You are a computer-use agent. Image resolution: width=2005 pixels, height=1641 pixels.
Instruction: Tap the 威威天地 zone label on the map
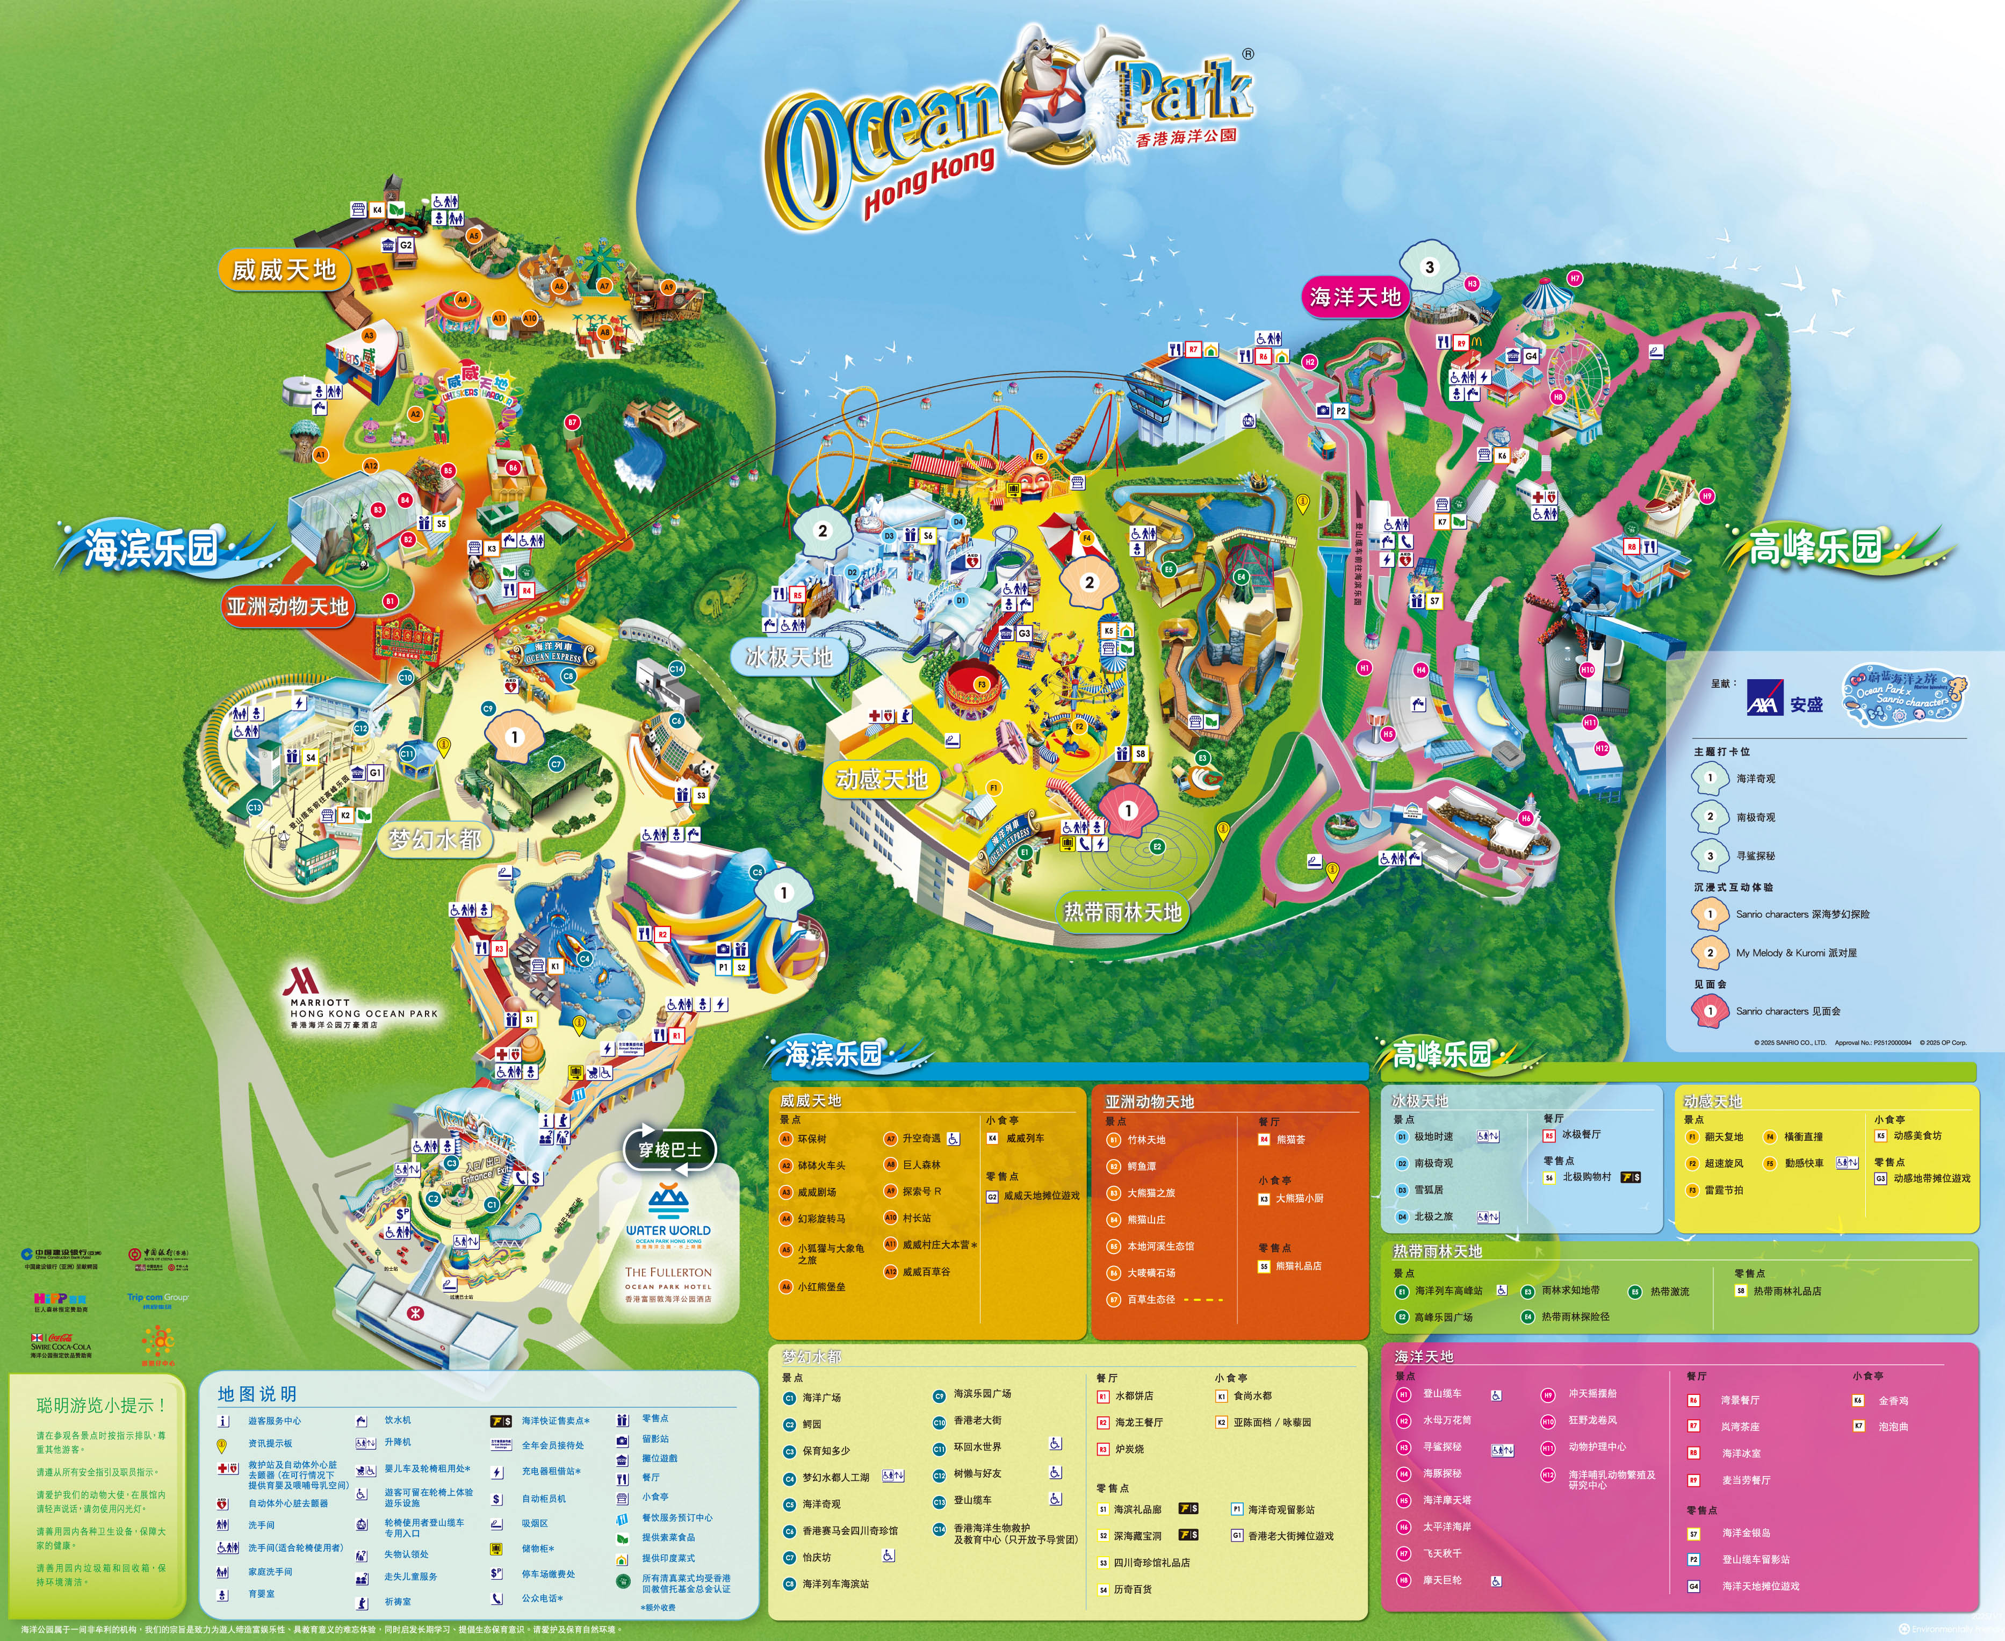(x=284, y=270)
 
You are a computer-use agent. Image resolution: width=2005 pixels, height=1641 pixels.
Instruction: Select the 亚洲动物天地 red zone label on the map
(x=287, y=606)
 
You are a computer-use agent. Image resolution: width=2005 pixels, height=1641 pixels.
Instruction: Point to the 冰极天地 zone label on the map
(x=788, y=656)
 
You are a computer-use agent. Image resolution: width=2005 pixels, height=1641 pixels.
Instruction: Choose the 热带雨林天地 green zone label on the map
(x=1122, y=911)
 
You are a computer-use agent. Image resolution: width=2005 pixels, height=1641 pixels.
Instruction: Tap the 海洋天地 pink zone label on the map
(x=1355, y=297)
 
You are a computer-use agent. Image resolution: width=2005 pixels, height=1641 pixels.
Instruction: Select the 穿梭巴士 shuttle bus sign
(x=670, y=1149)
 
